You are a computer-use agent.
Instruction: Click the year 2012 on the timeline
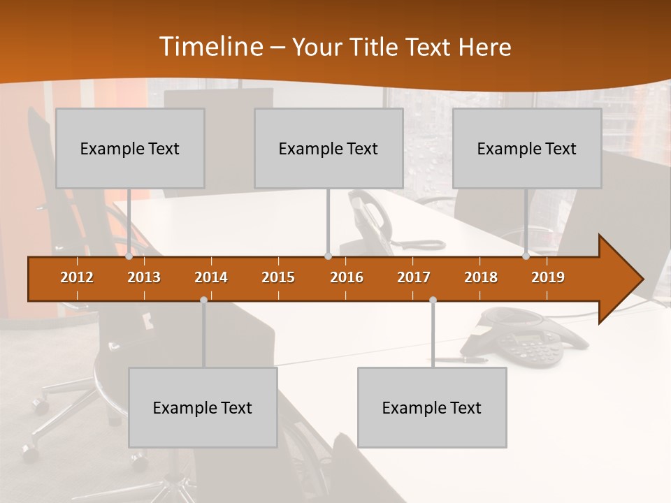(x=77, y=277)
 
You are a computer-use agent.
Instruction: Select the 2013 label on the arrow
(x=144, y=277)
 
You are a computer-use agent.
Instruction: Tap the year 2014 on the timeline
(x=211, y=277)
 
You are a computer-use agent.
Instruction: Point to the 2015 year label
(x=278, y=277)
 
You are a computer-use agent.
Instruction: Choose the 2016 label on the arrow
(x=347, y=277)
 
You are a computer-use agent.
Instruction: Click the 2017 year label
(x=414, y=277)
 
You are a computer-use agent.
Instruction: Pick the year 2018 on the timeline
(x=481, y=277)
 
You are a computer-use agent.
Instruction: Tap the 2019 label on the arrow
(x=548, y=277)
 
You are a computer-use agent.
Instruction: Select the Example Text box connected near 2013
(x=130, y=148)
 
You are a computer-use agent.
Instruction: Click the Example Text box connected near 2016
(x=329, y=148)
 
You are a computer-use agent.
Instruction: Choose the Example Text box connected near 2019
(x=527, y=148)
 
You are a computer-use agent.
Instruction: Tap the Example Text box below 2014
(x=203, y=407)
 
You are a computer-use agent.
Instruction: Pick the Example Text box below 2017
(x=432, y=407)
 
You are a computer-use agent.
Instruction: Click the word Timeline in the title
(x=210, y=47)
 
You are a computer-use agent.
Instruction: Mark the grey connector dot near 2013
(x=129, y=256)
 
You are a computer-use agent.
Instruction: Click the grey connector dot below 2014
(x=203, y=300)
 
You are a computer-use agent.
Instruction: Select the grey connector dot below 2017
(x=433, y=300)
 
